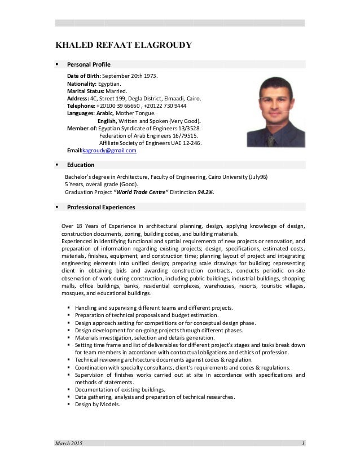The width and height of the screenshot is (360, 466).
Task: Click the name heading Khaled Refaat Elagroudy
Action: click(x=122, y=46)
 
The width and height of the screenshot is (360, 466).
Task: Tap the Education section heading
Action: click(x=81, y=165)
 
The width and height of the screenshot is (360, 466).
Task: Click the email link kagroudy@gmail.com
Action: click(x=109, y=151)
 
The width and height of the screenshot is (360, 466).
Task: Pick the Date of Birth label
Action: click(x=84, y=76)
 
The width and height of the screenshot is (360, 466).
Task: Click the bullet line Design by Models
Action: click(x=97, y=404)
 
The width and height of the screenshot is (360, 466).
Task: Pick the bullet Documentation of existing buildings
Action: click(x=120, y=389)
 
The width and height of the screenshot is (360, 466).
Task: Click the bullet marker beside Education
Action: click(x=58, y=165)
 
